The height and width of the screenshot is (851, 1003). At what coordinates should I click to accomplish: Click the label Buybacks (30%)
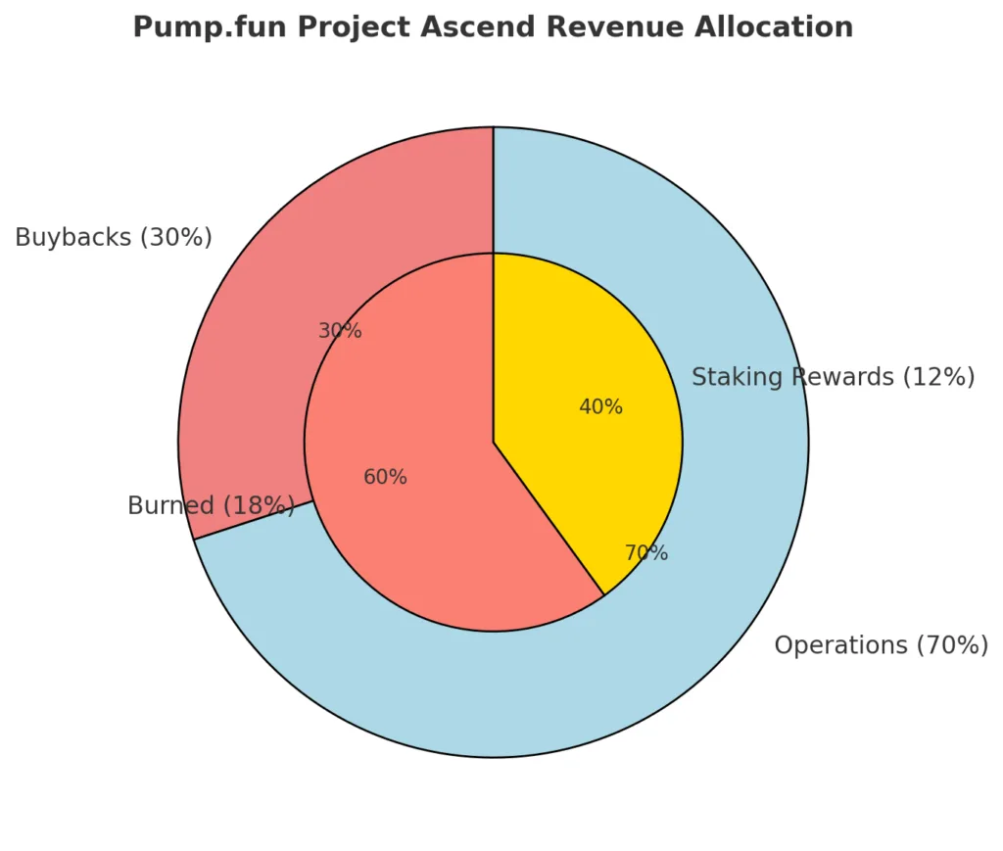[114, 238]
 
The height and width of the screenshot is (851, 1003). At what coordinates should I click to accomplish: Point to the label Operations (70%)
[881, 645]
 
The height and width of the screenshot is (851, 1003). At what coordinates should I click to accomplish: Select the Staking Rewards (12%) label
[833, 377]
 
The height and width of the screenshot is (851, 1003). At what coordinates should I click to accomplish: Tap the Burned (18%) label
[211, 506]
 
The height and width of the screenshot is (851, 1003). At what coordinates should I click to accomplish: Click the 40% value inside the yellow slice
[600, 407]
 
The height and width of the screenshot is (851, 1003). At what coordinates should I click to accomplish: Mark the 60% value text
[385, 478]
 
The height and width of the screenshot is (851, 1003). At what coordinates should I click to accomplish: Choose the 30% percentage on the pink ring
[340, 331]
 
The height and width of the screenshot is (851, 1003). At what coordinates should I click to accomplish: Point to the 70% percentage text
[646, 553]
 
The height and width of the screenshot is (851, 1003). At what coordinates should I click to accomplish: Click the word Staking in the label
[731, 377]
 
